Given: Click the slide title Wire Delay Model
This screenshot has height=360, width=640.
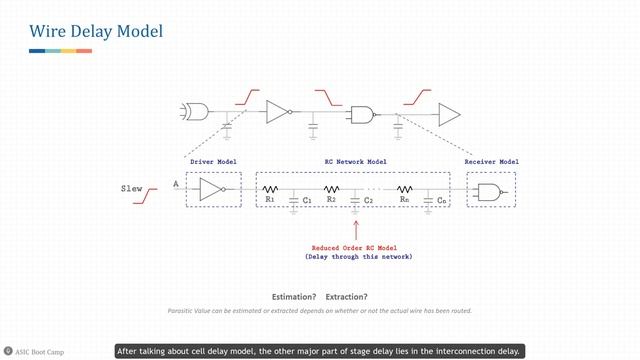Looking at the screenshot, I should pyautogui.click(x=95, y=32).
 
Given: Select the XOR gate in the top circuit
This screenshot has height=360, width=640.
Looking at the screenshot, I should pyautogui.click(x=195, y=110).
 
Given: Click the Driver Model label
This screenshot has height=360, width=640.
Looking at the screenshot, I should pyautogui.click(x=213, y=161).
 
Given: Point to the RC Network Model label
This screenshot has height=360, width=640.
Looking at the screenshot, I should pyautogui.click(x=355, y=161).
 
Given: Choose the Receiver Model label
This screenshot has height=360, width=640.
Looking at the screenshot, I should pyautogui.click(x=491, y=161).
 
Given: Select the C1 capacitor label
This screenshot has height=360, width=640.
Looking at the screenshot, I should pyautogui.click(x=307, y=201).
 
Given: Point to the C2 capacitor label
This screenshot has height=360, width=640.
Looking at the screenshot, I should pyautogui.click(x=368, y=201).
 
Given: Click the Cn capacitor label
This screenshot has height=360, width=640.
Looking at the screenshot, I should pyautogui.click(x=441, y=201).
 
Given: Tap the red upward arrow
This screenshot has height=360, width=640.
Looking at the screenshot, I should pyautogui.click(x=355, y=229).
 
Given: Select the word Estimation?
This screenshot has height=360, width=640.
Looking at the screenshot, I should pyautogui.click(x=294, y=297).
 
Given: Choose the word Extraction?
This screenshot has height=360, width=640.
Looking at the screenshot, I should pyautogui.click(x=346, y=297).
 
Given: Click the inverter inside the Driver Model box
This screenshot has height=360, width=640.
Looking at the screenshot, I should pyautogui.click(x=213, y=189).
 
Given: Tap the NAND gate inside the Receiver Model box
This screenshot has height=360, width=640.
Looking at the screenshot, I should pyautogui.click(x=491, y=191).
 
